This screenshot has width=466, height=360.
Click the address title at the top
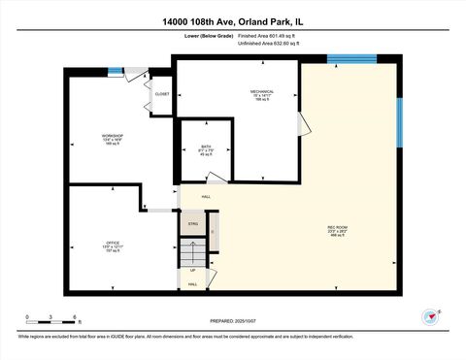pyautogui.click(x=233, y=20)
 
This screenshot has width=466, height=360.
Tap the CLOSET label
pyautogui.click(x=161, y=94)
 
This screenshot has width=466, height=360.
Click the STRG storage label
pyautogui.click(x=192, y=223)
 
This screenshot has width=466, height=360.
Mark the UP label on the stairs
pyautogui.click(x=193, y=269)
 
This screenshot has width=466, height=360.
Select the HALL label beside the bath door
pyautogui.click(x=207, y=196)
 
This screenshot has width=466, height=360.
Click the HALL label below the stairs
pyautogui.click(x=192, y=284)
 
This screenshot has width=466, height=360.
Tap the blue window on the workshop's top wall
pyautogui.click(x=116, y=70)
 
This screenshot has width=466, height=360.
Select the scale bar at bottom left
pyautogui.click(x=50, y=321)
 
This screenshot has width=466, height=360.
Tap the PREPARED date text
pyautogui.click(x=233, y=320)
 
